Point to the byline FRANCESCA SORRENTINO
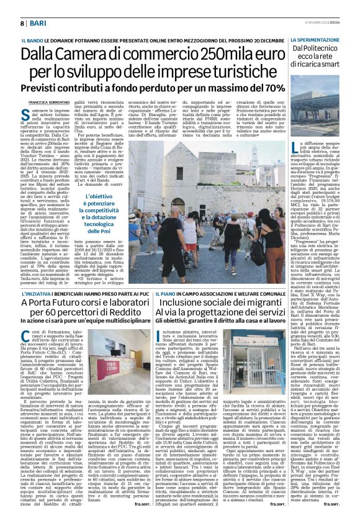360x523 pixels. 48,101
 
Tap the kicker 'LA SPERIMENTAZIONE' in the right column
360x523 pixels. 315,39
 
